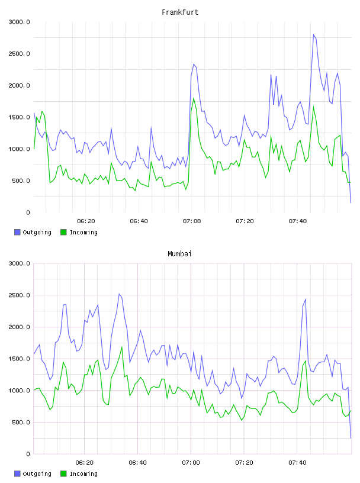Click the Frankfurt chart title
180,12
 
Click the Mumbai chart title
179,254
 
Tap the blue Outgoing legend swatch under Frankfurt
17,232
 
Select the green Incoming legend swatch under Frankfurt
63,232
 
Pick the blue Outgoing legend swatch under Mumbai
17,474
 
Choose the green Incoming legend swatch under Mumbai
63,474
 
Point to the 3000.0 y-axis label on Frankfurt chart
19,22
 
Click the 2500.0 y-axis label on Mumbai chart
19,295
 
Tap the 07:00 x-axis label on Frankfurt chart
192,221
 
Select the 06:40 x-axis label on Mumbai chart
138,462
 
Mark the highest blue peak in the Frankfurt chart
313,34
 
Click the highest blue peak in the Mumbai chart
119,294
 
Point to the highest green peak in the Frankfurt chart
194,98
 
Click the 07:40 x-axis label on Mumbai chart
297,462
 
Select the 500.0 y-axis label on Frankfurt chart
21,181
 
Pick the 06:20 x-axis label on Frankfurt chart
86,221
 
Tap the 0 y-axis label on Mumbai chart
28,454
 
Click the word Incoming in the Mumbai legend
83,474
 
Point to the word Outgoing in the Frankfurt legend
37,232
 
